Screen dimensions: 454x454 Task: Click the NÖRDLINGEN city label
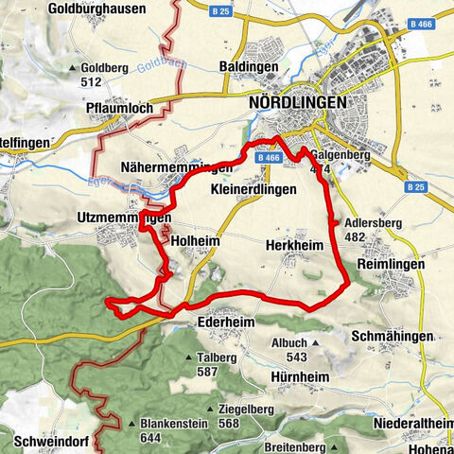point(296,102)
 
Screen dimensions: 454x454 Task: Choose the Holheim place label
point(196,242)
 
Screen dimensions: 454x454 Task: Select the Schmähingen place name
point(390,337)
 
